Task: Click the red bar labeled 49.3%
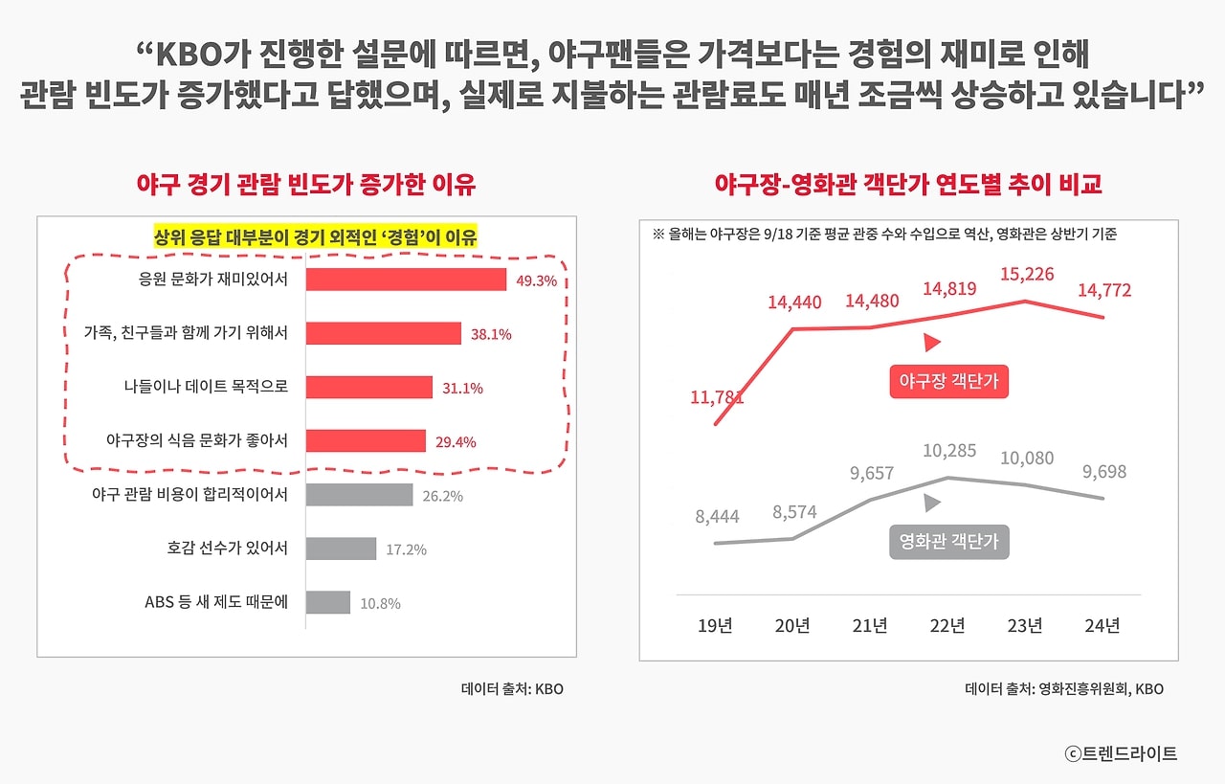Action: tap(406, 279)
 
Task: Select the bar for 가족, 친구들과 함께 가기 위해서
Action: tap(384, 333)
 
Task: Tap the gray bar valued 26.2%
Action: tap(359, 495)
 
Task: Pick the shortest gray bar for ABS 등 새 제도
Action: tap(328, 602)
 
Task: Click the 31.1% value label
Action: tap(462, 389)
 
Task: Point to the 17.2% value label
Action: tap(406, 549)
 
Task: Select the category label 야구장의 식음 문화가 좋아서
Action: tap(197, 440)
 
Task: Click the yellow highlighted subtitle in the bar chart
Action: tap(316, 236)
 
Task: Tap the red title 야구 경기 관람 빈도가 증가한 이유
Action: tap(306, 184)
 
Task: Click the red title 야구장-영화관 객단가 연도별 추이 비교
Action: tap(908, 184)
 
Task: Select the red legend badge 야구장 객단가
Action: tap(948, 382)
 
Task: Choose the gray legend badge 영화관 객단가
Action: tap(948, 542)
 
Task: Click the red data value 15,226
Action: tap(1027, 275)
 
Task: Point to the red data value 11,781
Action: tap(717, 396)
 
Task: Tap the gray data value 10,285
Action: tap(947, 452)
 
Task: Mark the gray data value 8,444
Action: tap(717, 517)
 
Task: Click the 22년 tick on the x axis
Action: tap(947, 626)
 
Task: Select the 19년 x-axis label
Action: tap(715, 626)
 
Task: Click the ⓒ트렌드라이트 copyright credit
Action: tap(1121, 753)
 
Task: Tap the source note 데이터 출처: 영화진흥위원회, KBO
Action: tap(1064, 688)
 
